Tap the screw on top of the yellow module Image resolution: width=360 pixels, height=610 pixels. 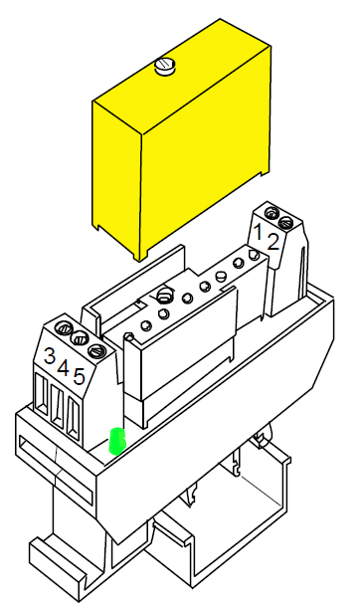165,68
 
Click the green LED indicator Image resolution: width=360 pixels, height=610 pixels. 116,440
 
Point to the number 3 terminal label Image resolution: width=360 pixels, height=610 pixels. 50,355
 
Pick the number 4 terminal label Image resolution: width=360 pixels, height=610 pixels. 65,368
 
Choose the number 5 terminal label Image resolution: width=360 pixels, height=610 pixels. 80,379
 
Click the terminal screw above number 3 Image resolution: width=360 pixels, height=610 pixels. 65,326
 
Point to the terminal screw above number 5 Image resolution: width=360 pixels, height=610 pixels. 95,350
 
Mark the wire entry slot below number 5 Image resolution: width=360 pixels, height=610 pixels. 74,418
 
